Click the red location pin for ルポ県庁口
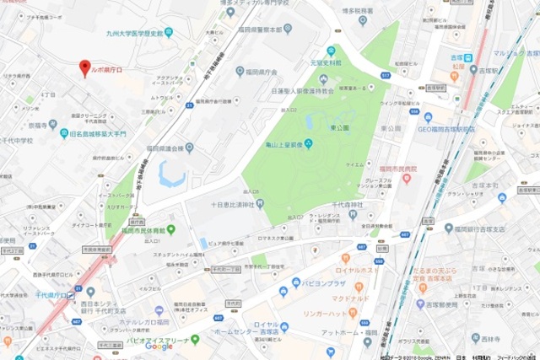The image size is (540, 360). coord(84,67)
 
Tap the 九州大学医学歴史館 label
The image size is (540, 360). coord(129,33)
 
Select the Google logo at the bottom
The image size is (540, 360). coord(158,347)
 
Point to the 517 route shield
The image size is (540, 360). coord(386,75)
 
